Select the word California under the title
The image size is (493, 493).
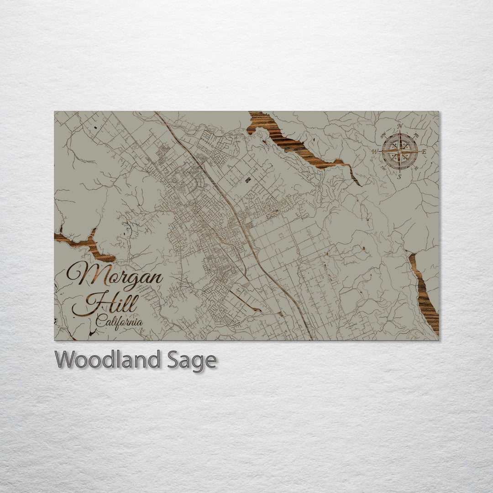119,322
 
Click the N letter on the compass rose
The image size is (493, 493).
400,126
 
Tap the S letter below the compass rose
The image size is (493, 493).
399,177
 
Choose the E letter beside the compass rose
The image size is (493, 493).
424,152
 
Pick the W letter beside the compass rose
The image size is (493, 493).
375,152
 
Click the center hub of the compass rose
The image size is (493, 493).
400,151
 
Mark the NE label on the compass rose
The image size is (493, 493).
416,135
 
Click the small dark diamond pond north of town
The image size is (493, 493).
248,180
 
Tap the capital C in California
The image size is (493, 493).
100,322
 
